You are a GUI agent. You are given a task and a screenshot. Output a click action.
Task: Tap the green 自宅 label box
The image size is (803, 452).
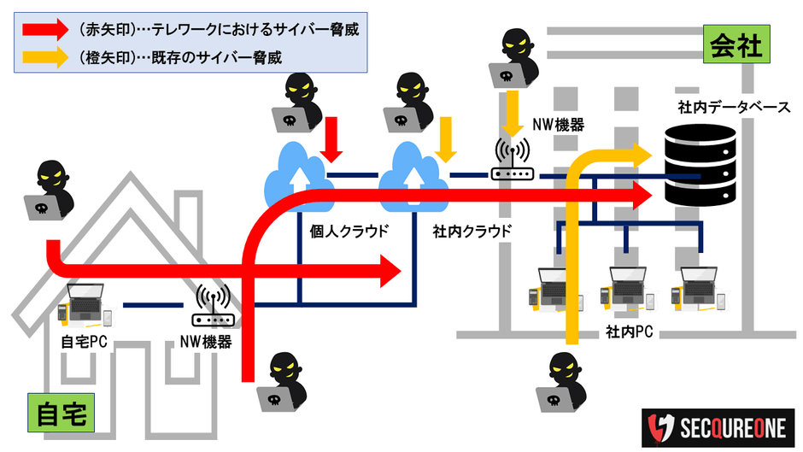[61, 414]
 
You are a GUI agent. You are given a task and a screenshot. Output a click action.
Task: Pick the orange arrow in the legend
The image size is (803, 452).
[45, 57]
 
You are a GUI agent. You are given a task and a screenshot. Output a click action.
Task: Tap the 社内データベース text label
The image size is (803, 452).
[734, 109]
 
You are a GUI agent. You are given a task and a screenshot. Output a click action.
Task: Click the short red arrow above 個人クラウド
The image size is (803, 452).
[333, 139]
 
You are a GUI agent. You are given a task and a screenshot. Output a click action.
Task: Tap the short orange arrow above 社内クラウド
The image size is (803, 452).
[444, 138]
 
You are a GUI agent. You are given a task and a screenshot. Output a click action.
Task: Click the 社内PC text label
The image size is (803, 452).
[629, 330]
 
